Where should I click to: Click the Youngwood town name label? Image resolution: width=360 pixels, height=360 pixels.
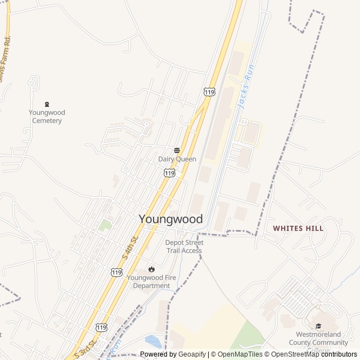click(170, 219)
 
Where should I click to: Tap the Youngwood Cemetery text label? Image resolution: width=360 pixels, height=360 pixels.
click(47, 116)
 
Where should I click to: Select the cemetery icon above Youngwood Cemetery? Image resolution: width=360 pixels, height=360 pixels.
click(47, 104)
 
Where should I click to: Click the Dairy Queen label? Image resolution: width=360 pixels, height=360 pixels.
click(177, 159)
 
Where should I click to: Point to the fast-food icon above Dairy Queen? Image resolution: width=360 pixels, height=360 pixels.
click(177, 150)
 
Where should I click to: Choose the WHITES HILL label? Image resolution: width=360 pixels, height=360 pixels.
click(298, 228)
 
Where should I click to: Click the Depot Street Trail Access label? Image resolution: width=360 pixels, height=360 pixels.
click(184, 246)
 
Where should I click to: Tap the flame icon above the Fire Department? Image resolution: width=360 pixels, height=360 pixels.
click(151, 269)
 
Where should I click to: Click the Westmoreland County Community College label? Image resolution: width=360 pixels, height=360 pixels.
click(318, 341)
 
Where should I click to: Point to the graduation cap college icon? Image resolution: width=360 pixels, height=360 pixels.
click(318, 326)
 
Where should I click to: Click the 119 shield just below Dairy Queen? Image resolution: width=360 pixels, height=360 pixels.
click(169, 173)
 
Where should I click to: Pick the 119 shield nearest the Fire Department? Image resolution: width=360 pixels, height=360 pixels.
click(116, 272)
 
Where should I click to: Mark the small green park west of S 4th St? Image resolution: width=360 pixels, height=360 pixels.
click(105, 226)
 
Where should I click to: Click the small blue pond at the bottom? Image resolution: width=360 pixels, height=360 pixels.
click(152, 341)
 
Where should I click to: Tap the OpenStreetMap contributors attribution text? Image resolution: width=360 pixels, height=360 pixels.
click(312, 354)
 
